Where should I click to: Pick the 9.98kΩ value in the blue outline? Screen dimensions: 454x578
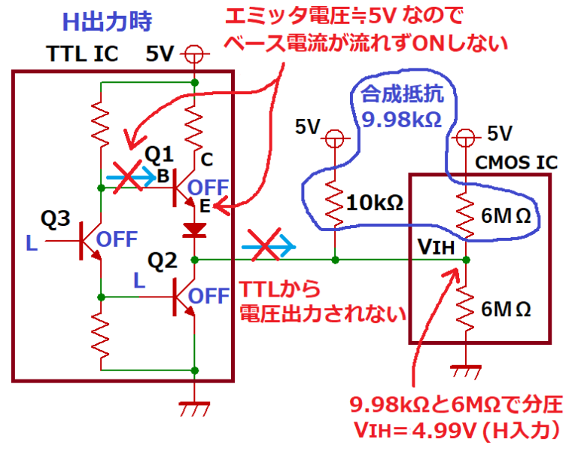coord(395,117)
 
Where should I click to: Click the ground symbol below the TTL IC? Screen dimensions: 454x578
coord(195,410)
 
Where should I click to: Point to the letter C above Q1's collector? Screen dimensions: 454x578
coord(208,159)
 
